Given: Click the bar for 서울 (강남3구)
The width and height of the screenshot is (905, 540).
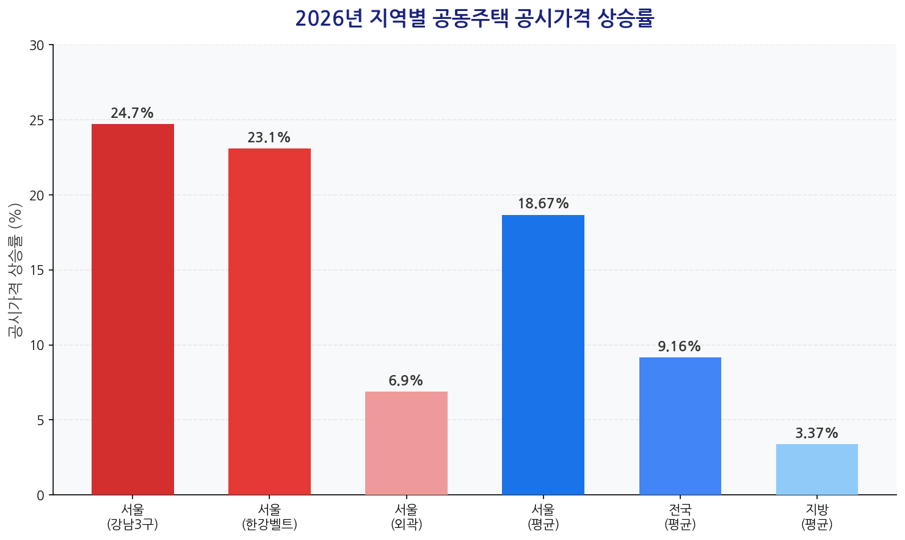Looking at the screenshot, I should click(x=133, y=309).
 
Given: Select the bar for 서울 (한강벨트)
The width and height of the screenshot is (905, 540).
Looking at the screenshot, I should click(x=269, y=321).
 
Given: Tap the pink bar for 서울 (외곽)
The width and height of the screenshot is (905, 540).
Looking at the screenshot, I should click(x=406, y=443).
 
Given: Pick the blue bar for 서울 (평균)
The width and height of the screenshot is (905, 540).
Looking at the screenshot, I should click(x=543, y=354).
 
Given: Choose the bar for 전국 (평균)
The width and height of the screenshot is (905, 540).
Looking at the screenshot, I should click(x=680, y=426).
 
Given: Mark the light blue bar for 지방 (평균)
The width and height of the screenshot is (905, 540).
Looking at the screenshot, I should click(x=816, y=469).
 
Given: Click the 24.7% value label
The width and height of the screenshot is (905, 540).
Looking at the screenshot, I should click(x=132, y=114).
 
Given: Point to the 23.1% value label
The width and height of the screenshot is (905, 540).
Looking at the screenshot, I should click(x=269, y=138).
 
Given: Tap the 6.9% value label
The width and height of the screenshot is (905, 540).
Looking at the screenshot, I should click(x=405, y=381).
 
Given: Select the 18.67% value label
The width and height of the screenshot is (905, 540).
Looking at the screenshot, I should click(x=543, y=204).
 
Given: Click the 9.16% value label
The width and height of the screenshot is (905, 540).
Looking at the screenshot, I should click(x=679, y=347).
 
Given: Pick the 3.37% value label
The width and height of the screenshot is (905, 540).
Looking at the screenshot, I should click(x=816, y=434).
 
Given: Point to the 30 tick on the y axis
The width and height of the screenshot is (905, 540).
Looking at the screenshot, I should click(x=37, y=45).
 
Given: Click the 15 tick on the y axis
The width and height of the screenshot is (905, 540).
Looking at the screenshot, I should click(x=37, y=270).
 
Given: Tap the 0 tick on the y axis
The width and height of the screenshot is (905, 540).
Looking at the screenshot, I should click(x=40, y=495).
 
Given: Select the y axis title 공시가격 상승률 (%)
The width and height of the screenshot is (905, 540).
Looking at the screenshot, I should click(x=15, y=270).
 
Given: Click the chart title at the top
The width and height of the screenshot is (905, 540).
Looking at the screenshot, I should click(x=474, y=19).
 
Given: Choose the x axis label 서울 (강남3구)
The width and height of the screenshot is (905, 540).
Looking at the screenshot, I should click(x=133, y=517).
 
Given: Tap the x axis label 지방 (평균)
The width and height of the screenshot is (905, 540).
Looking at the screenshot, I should click(x=816, y=517).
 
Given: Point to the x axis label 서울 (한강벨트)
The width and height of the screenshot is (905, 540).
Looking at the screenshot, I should click(x=269, y=517).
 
